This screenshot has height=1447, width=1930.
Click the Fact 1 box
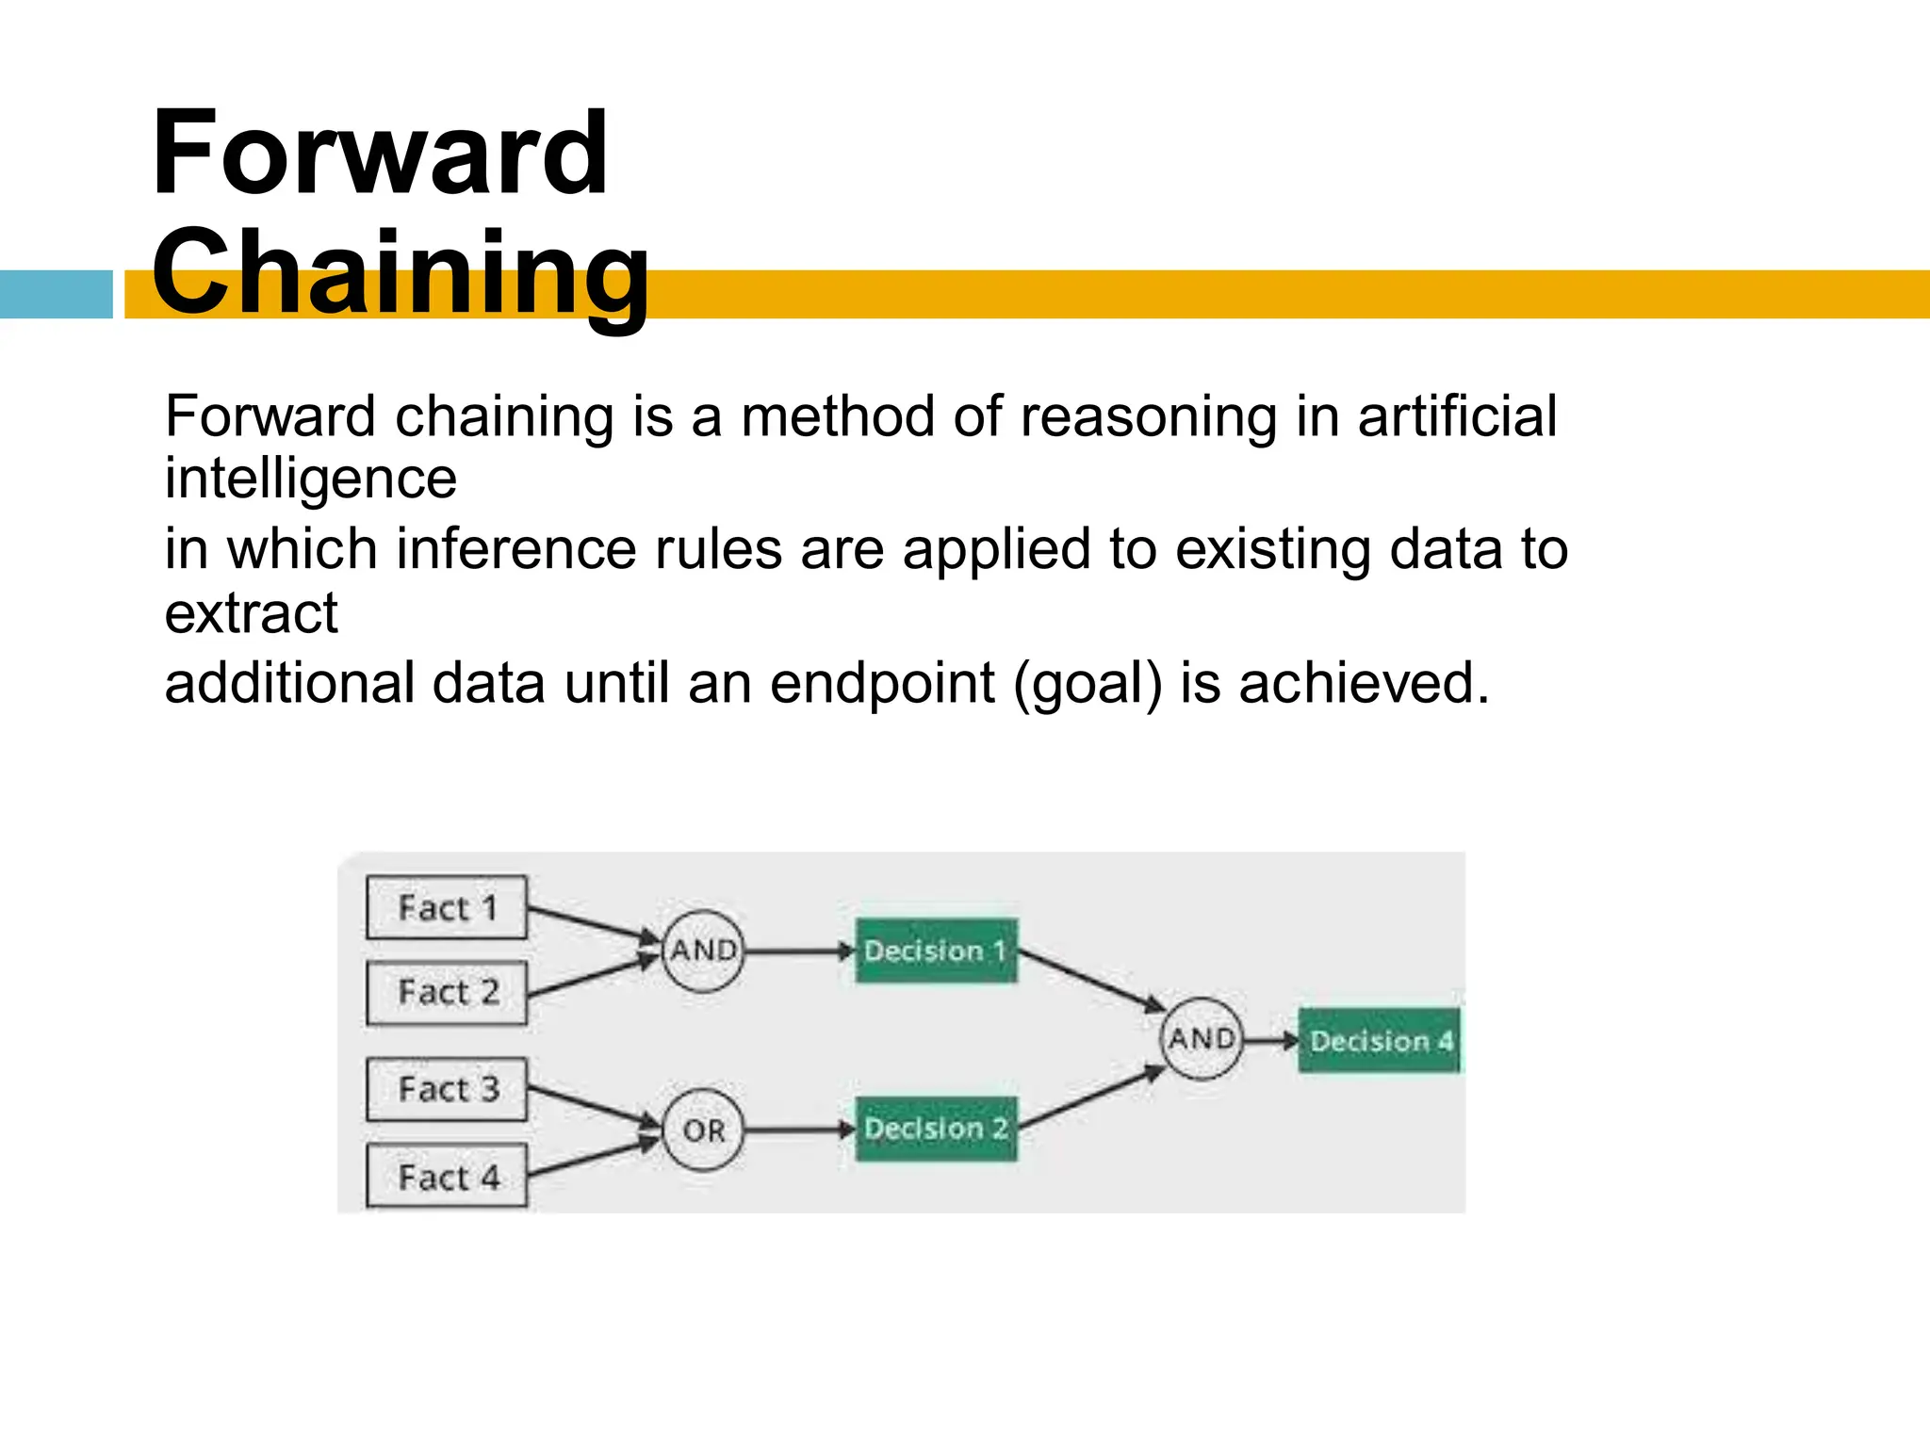click(x=447, y=907)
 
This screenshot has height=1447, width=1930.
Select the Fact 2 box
click(x=447, y=992)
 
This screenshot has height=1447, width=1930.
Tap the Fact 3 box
click(x=447, y=1089)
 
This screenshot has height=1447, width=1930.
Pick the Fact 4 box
click(x=447, y=1177)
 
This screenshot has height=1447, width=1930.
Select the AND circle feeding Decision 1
click(x=703, y=951)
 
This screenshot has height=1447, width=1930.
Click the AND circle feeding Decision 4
click(x=1202, y=1038)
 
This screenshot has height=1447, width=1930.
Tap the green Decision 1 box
click(x=936, y=951)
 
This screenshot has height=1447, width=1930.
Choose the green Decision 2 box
click(x=936, y=1129)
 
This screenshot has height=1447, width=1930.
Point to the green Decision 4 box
click(x=1380, y=1040)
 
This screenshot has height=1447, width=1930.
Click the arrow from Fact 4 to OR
click(x=592, y=1159)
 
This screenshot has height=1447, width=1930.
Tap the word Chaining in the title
click(x=401, y=273)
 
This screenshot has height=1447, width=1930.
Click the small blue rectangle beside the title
click(x=56, y=294)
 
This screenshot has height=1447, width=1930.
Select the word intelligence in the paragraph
click(x=311, y=479)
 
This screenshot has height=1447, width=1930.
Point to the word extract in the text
click(x=251, y=613)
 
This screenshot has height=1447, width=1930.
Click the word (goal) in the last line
click(x=1088, y=683)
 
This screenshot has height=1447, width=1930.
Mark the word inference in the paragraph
click(x=516, y=549)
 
